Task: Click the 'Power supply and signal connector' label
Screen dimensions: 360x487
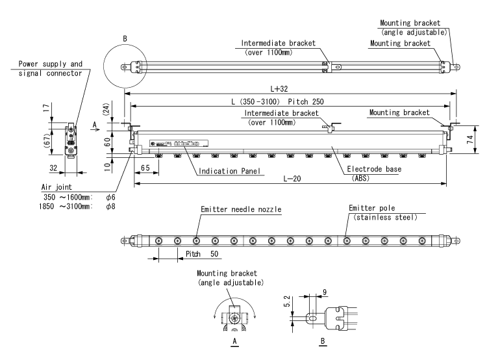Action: (50, 68)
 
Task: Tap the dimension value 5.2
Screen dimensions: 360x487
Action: (293, 303)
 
